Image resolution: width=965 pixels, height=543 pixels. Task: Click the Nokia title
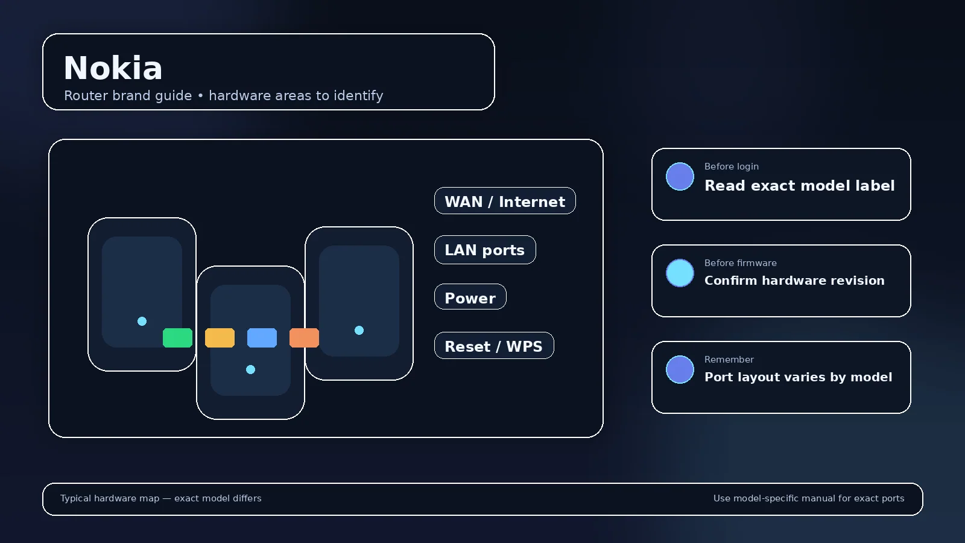tap(113, 68)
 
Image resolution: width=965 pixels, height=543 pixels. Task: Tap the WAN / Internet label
tap(505, 201)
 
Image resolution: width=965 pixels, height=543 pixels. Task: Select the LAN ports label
tap(485, 250)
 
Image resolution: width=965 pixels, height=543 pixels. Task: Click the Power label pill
tap(470, 297)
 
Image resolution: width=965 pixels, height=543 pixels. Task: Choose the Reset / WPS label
tap(494, 346)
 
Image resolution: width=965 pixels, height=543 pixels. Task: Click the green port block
tap(177, 338)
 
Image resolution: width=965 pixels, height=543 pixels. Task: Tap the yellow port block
tap(220, 338)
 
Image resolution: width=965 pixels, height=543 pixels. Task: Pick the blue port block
tap(262, 338)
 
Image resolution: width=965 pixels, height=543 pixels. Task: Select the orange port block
tap(304, 338)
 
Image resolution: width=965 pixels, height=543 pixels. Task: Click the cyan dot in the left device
tap(142, 322)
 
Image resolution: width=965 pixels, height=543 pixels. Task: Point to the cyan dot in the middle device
tap(251, 370)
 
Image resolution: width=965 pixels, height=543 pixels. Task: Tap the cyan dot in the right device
tap(359, 331)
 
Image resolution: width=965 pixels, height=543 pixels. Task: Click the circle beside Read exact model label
tap(680, 177)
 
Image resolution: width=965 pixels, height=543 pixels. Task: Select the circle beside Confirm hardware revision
tap(680, 273)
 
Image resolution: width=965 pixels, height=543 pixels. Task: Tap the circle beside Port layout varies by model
tap(680, 370)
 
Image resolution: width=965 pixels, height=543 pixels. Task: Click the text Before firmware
tap(741, 263)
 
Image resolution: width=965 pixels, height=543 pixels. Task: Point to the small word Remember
tap(729, 360)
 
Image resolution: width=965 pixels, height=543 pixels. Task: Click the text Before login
tap(732, 167)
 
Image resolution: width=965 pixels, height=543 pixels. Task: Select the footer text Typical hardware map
tap(110, 498)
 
